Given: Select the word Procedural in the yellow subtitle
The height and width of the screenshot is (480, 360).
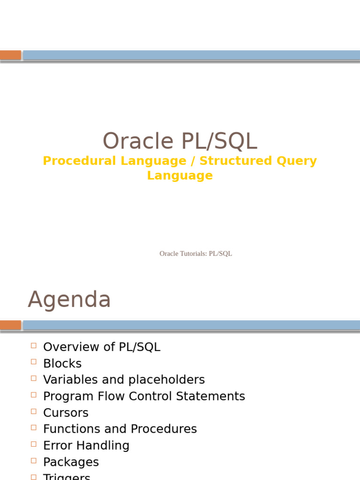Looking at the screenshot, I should (x=80, y=161).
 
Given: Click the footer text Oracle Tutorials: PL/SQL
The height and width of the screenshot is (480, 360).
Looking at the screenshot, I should (x=195, y=254).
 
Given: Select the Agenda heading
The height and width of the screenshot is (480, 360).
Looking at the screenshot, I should (x=69, y=300).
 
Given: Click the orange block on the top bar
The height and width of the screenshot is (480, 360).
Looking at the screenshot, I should (x=10, y=55).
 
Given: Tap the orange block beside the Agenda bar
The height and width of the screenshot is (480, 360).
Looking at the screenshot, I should (x=10, y=325).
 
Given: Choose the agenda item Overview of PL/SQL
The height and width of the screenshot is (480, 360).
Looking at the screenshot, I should (x=101, y=347).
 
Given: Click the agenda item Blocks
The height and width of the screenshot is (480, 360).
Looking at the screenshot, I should (x=62, y=364).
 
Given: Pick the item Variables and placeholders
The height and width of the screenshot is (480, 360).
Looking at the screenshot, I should (x=124, y=380).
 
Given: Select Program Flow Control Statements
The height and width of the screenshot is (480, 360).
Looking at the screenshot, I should (x=144, y=396).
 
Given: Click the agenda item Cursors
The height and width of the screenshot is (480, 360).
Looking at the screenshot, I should (x=66, y=413).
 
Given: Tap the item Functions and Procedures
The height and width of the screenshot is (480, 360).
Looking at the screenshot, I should (x=120, y=429).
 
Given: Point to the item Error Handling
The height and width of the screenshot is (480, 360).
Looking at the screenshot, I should (x=86, y=445).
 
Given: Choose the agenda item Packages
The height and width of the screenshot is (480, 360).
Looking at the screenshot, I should (x=71, y=462).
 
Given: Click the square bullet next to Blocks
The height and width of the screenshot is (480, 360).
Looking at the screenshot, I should (x=33, y=362).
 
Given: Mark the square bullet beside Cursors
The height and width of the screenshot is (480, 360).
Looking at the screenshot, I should (x=33, y=411).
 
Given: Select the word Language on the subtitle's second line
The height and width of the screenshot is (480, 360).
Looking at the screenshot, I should (x=180, y=175).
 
